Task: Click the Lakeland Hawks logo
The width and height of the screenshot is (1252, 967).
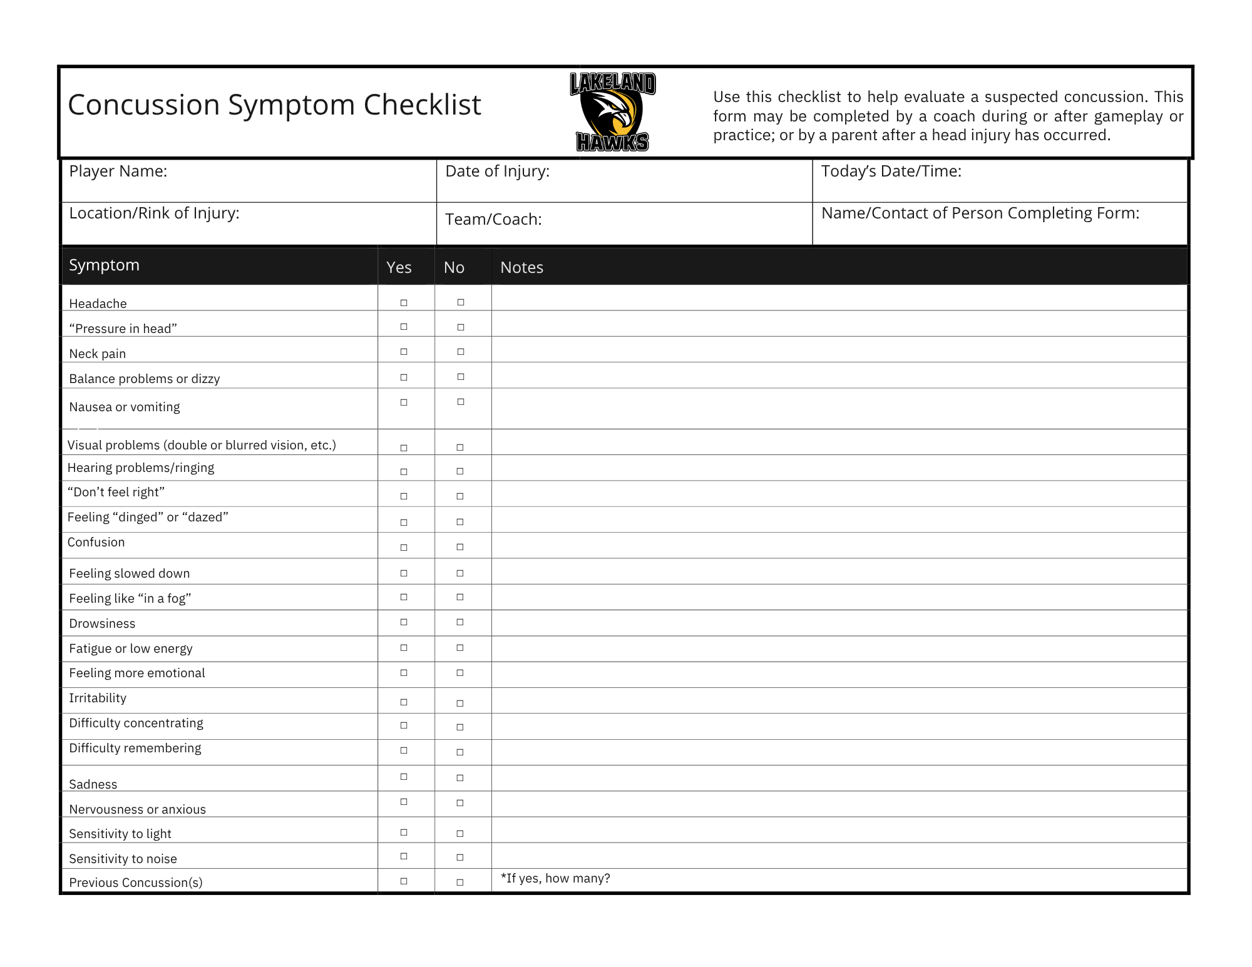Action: point(613,112)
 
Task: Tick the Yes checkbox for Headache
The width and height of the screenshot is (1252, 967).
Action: point(404,303)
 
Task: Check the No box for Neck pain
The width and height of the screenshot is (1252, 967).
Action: point(461,352)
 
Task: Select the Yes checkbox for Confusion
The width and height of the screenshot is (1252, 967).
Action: point(404,548)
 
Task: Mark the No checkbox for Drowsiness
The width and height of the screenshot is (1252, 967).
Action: point(460,622)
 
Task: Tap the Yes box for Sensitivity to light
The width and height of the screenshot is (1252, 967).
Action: point(404,832)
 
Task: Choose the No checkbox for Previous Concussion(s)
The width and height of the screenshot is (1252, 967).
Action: point(460,883)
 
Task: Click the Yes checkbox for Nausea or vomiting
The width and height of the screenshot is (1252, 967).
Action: point(404,402)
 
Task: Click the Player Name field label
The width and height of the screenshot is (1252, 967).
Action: point(118,171)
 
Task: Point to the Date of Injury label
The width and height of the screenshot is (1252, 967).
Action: point(497,171)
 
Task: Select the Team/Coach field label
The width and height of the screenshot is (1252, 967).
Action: point(493,220)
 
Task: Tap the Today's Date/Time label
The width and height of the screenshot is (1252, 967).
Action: point(891,171)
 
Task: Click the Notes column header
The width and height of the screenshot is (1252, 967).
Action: point(521,268)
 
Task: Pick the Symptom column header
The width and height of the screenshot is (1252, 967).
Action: point(104,265)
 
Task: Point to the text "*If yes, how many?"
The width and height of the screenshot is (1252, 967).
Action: point(555,879)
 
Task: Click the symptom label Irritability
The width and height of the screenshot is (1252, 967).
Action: point(98,698)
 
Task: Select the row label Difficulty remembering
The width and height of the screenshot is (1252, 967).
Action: point(135,749)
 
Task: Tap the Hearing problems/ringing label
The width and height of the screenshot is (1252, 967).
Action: point(141,468)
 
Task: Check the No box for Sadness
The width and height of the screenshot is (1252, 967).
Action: point(460,778)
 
